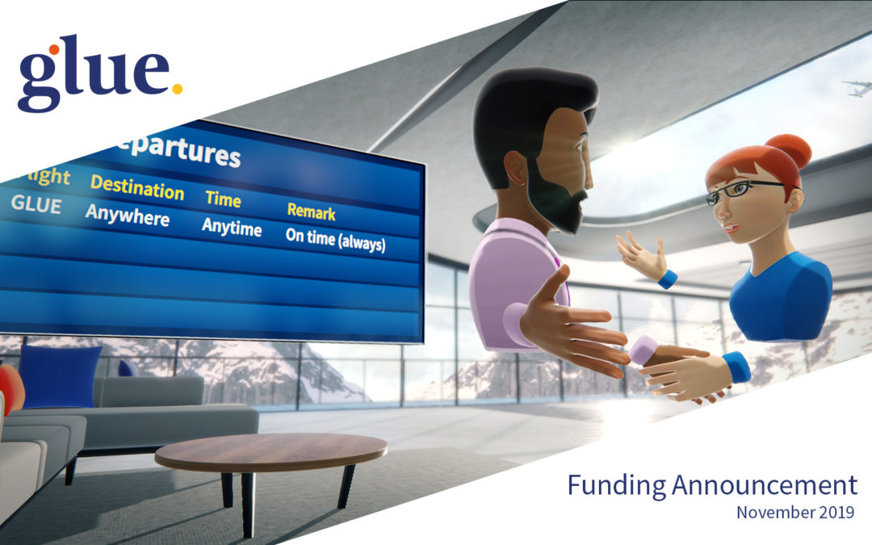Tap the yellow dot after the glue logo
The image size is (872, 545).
click(x=177, y=88)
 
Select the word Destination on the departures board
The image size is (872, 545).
click(x=136, y=187)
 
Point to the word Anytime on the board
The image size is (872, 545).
click(x=232, y=227)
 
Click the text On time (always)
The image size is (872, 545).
click(x=335, y=239)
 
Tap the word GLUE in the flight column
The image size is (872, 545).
click(x=36, y=205)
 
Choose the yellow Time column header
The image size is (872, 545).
click(x=223, y=199)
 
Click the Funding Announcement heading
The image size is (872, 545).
click(x=711, y=485)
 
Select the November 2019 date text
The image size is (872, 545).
click(x=796, y=512)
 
